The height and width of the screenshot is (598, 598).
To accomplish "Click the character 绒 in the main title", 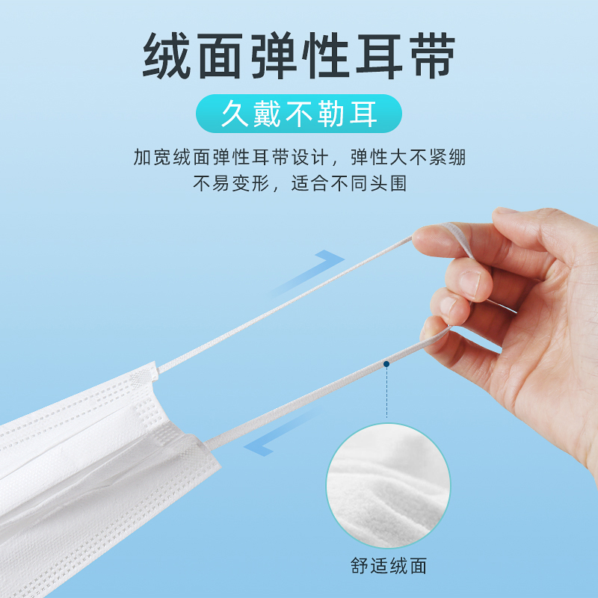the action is pos(167,55).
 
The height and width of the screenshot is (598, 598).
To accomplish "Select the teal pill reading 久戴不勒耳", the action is pos(298,114).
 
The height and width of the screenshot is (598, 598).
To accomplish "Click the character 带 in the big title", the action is pos(432,55).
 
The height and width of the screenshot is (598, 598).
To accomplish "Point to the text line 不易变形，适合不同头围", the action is pos(300,183).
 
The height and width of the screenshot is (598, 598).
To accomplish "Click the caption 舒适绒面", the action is pos(388,566).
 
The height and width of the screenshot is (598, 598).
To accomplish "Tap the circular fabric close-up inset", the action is pos(388,485).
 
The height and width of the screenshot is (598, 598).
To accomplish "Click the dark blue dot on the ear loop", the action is pos(386,364).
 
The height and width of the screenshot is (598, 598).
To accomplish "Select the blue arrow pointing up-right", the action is pos(306,273).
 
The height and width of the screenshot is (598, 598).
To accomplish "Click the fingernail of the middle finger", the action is pos(470,284).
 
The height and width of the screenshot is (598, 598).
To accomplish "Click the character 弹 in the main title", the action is pos(274,55).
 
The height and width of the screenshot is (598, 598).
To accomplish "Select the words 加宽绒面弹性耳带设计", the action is pos(231,157).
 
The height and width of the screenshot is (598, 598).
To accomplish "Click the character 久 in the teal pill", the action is pos(235,114).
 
